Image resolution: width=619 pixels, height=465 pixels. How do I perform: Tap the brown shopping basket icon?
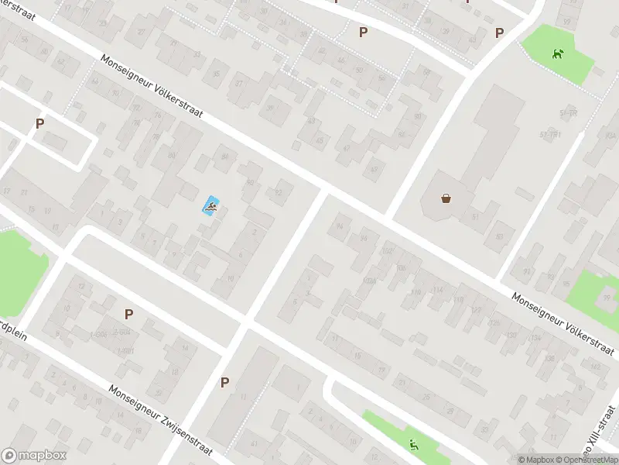coord(446,198)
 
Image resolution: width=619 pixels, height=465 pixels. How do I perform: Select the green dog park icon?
coord(557,53)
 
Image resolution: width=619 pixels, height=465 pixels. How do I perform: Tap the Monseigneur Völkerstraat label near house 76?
coord(152,86)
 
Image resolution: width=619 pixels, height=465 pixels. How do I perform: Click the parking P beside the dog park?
coord(499,33)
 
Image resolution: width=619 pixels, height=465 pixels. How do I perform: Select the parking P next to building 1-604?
coord(128,314)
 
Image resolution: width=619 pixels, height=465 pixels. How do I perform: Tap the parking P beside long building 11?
coord(224,381)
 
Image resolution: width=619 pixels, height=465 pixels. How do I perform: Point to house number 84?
coord(224,157)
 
